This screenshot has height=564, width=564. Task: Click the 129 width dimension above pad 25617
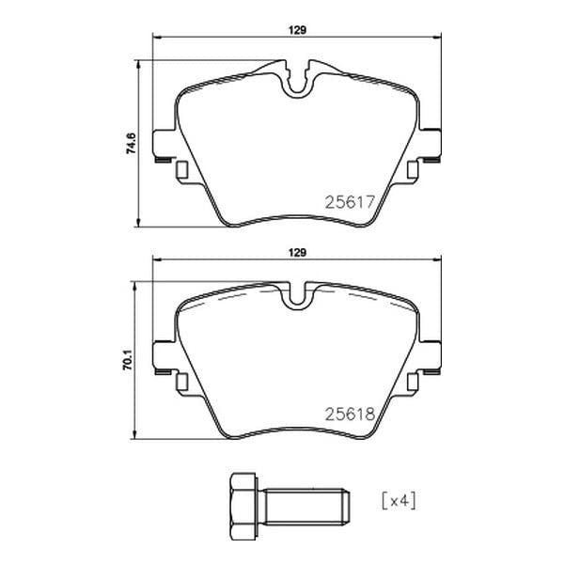tap(297, 30)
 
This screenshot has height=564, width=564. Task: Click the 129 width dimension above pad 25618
tap(297, 253)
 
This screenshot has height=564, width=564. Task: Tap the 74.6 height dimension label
tap(131, 143)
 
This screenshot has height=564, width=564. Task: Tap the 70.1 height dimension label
tap(128, 360)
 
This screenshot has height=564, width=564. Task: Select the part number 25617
tap(350, 202)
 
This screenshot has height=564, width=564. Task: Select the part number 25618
tap(350, 415)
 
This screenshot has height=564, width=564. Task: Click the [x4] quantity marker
tap(399, 501)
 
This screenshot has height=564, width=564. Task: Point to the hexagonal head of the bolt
tap(243, 507)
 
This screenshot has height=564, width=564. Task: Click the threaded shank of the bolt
tap(306, 507)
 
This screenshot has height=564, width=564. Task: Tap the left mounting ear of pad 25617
tap(164, 143)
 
